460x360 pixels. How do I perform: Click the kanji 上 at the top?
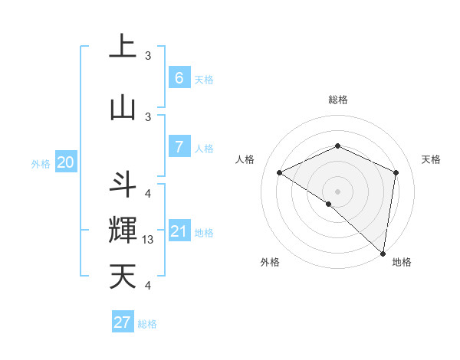click(123, 47)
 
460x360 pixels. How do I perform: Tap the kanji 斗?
click(123, 185)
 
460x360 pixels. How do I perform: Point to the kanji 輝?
click(123, 231)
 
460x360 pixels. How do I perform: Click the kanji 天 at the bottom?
click(123, 276)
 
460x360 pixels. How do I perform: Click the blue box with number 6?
click(179, 77)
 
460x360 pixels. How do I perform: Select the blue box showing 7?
click(179, 147)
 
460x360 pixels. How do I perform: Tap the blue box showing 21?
click(179, 231)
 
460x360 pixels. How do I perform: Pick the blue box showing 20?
click(66, 162)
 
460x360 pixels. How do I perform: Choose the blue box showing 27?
click(123, 322)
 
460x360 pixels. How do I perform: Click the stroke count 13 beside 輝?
click(148, 240)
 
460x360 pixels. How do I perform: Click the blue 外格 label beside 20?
click(41, 163)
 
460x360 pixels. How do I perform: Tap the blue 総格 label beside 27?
click(147, 324)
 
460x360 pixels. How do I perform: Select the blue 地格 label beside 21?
click(204, 233)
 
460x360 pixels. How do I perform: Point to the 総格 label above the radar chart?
click(337, 100)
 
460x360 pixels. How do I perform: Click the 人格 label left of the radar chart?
click(245, 159)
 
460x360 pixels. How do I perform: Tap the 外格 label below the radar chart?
click(270, 262)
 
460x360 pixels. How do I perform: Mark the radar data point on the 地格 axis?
click(383, 252)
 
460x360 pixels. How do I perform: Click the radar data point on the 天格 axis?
click(396, 172)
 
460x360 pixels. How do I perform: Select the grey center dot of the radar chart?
click(337, 191)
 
